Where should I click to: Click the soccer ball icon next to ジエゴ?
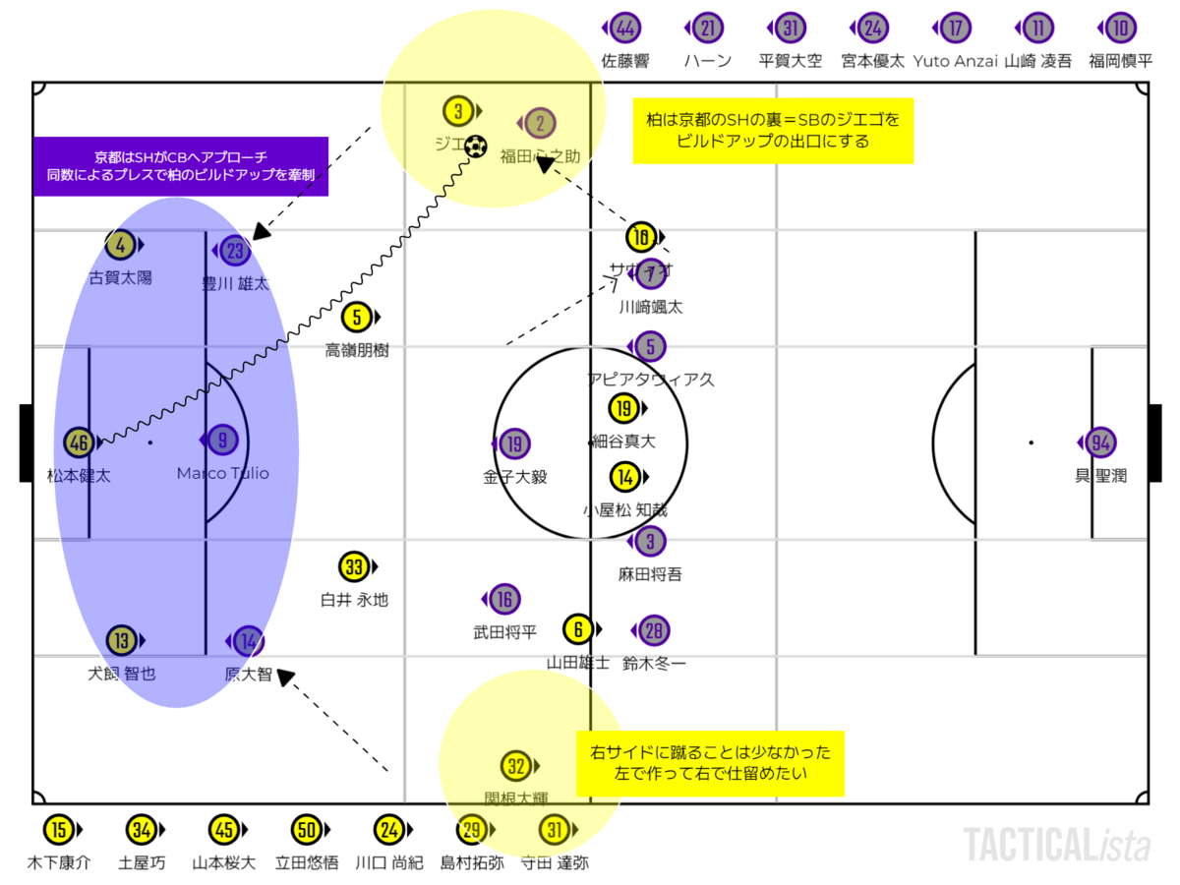476,147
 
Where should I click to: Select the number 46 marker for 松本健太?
80,443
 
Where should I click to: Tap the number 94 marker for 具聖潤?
1100,443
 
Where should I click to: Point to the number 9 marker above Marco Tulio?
222,440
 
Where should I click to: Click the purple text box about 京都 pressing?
181,165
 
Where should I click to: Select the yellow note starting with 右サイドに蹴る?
710,763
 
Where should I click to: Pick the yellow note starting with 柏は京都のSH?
772,130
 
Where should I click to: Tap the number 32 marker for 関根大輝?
515,766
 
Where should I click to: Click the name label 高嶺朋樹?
357,350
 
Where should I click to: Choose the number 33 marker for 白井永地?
355,567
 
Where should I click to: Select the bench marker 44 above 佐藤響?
624,29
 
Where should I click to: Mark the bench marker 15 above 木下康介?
59,831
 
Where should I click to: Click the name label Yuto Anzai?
955,60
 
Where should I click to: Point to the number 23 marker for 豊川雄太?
235,251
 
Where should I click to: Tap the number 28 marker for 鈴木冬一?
653,630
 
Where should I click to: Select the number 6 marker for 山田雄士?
579,629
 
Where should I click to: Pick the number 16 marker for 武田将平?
503,599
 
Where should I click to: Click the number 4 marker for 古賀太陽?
121,244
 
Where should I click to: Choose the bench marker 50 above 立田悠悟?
307,831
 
